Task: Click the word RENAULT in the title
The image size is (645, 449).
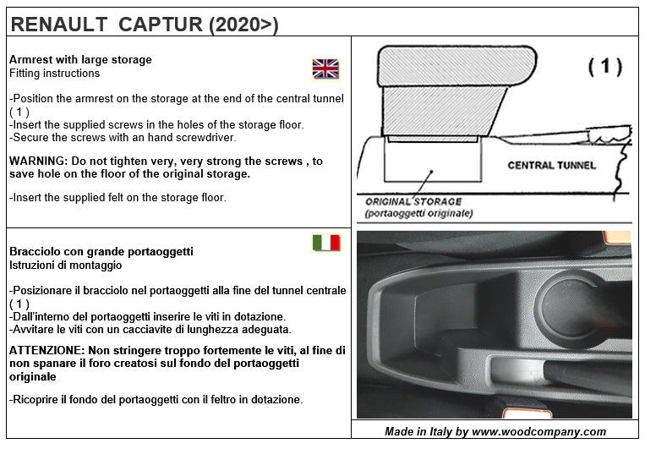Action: click(54, 25)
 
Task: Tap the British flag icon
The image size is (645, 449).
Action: click(325, 68)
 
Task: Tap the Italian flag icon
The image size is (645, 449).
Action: click(325, 244)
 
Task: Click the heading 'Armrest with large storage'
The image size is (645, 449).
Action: click(80, 60)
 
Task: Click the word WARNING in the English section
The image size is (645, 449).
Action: click(38, 161)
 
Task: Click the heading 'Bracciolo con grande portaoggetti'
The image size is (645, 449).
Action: click(101, 251)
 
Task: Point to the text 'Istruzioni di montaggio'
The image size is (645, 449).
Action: click(65, 265)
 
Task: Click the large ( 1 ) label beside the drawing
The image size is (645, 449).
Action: click(604, 68)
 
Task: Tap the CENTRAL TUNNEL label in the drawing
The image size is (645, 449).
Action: click(551, 165)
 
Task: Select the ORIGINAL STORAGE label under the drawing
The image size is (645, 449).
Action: click(413, 202)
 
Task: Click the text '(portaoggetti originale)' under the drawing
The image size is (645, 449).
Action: click(418, 214)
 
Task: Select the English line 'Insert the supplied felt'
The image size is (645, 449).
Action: click(118, 197)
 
